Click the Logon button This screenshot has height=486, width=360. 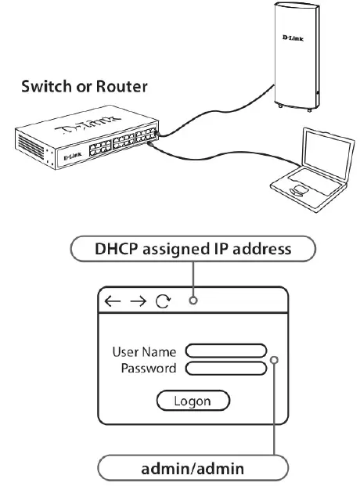click(x=193, y=401)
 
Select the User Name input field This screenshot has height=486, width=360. click(x=226, y=351)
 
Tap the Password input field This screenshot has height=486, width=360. click(x=226, y=368)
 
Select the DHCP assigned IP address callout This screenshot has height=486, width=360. click(x=193, y=250)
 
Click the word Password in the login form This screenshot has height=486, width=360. click(x=148, y=368)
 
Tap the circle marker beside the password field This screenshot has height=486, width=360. click(x=275, y=360)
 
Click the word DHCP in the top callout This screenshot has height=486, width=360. click(x=115, y=250)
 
